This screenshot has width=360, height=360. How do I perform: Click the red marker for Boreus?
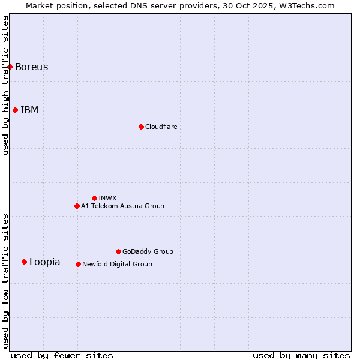tap(10, 67)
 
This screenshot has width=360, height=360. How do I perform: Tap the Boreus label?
tap(31, 67)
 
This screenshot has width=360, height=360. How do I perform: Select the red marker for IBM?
tap(15, 110)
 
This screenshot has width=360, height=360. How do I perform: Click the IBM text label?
tap(29, 110)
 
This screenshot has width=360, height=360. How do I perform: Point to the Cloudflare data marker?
tap(141, 127)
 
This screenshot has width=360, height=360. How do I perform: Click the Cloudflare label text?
tap(161, 127)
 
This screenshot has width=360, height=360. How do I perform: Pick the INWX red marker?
tap(94, 198)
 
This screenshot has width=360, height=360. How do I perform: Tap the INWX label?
tap(107, 198)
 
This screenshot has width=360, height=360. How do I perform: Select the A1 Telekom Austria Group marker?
tap(77, 206)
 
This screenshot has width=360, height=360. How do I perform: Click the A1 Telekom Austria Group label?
tap(122, 206)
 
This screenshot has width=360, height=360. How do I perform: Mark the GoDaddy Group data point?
tap(118, 251)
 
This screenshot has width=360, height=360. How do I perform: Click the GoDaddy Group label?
tap(147, 251)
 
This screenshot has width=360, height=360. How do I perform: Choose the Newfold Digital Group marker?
tap(78, 264)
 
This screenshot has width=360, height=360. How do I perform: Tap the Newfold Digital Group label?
tap(117, 264)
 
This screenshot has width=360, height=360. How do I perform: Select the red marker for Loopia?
tap(24, 262)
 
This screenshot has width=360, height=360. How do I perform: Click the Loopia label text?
tap(44, 262)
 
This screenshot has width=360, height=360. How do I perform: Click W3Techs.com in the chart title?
tap(310, 5)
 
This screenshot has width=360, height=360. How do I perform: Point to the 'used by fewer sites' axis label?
tap(62, 355)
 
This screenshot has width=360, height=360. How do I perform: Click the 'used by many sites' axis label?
tap(301, 355)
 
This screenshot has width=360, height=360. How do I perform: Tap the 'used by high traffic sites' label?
tap(5, 85)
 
